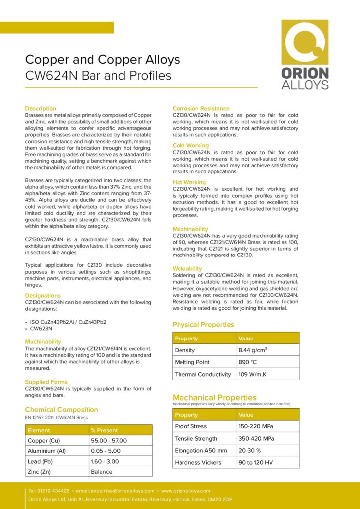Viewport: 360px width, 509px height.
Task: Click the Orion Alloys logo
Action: pos(305,54)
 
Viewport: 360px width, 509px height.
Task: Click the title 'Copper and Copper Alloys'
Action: pos(102,60)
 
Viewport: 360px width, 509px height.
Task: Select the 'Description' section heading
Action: pos(41,108)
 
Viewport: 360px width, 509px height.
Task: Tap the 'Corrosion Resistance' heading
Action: pos(201,108)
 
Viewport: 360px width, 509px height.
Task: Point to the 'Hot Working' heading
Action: pos(189,182)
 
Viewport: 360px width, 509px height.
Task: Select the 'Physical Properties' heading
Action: pos(203,325)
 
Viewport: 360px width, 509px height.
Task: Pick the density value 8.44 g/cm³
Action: pos(253,350)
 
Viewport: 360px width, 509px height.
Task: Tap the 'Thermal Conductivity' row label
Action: pos(203,374)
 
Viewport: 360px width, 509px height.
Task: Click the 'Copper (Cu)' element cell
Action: pos(44,441)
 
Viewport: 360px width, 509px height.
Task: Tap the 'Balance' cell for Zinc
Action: pos(102,472)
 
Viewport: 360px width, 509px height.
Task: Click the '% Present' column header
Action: pos(104,430)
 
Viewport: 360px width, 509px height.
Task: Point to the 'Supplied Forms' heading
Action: pos(46,382)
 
